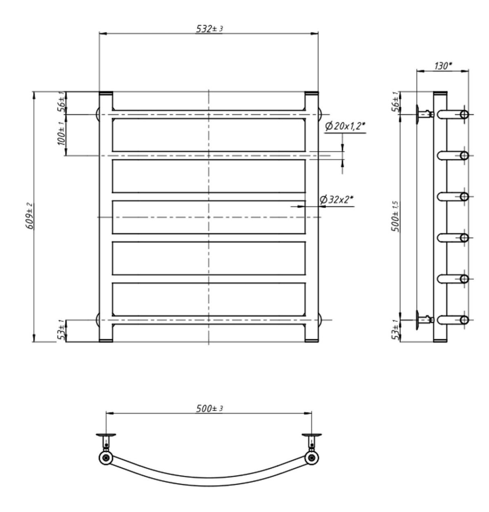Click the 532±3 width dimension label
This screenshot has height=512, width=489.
click(209, 29)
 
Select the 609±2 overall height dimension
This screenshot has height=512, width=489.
click(30, 216)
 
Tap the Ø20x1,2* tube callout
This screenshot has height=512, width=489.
click(345, 126)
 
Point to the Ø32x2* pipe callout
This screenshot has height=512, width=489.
click(336, 200)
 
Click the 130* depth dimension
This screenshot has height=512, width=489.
click(443, 66)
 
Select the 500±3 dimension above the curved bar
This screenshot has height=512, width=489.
click(209, 409)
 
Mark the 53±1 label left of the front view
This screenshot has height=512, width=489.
click(61, 330)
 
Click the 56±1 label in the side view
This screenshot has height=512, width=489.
click(395, 103)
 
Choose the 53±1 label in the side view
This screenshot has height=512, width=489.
click(395, 330)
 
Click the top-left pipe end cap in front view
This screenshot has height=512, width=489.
click(106, 93)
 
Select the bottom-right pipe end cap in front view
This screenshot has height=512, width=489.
click(312, 340)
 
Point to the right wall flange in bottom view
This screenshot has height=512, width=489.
click(312, 435)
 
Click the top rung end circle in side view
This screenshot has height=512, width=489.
click(464, 114)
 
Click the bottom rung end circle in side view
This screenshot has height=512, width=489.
click(464, 320)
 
